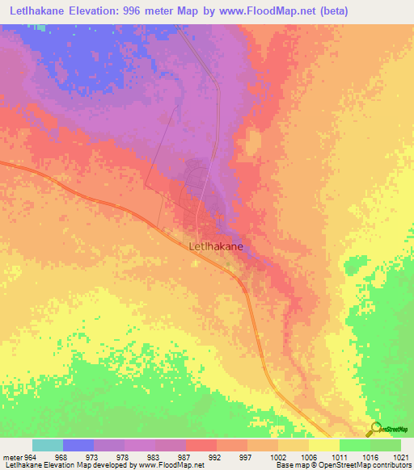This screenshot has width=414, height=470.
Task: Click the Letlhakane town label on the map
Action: point(216,249)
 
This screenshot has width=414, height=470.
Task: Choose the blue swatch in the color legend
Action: point(78,445)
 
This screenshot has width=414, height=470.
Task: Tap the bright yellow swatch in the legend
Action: point(323,445)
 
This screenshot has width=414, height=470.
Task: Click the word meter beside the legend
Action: point(11,456)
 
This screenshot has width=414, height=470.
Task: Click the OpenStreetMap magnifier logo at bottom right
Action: point(375,429)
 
